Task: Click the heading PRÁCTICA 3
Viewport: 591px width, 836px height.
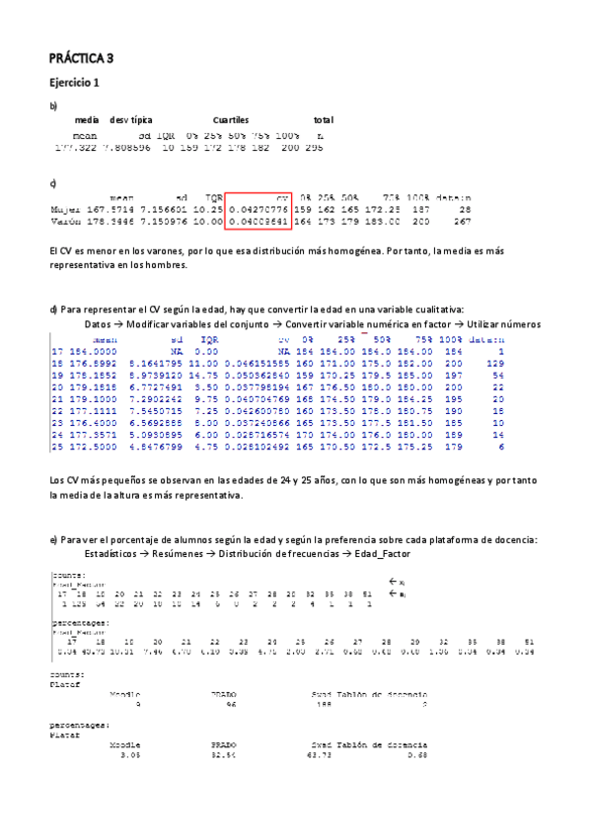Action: [x=81, y=58]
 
